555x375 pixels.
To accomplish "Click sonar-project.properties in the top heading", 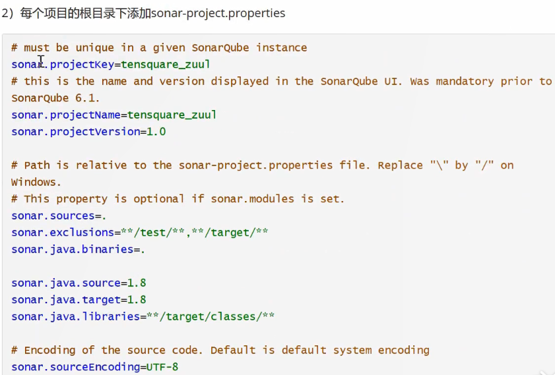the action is click(218, 13).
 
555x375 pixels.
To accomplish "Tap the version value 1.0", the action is click(156, 132).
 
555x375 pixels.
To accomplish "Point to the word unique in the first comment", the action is click(95, 47).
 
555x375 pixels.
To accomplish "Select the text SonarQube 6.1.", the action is click(55, 98).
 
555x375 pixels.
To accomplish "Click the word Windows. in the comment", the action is click(36, 181).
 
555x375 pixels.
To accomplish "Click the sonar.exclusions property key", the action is click(63, 232).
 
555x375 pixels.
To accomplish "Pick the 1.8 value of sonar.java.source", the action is click(137, 283).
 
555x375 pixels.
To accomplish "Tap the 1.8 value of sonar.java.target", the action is click(137, 300).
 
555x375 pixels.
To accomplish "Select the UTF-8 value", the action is click(162, 367).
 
